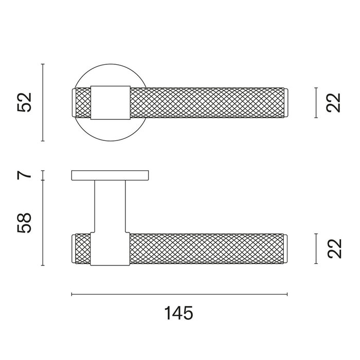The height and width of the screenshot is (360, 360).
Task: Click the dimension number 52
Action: pyautogui.click(x=24, y=102)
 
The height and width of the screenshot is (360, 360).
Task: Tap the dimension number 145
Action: pyautogui.click(x=179, y=313)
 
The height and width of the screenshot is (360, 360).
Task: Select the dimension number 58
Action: pyautogui.click(x=24, y=223)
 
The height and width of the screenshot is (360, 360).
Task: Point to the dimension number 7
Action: pyautogui.click(x=24, y=175)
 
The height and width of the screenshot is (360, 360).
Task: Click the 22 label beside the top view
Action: pyautogui.click(x=333, y=103)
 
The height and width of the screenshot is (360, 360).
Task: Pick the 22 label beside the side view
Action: pyautogui.click(x=334, y=248)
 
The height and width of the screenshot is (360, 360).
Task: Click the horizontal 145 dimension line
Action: pyautogui.click(x=179, y=294)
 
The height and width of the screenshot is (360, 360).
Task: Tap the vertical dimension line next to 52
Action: pyautogui.click(x=43, y=102)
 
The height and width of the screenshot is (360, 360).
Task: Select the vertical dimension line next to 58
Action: pyautogui.click(x=43, y=223)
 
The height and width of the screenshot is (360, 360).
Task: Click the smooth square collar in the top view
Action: pyautogui.click(x=111, y=103)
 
